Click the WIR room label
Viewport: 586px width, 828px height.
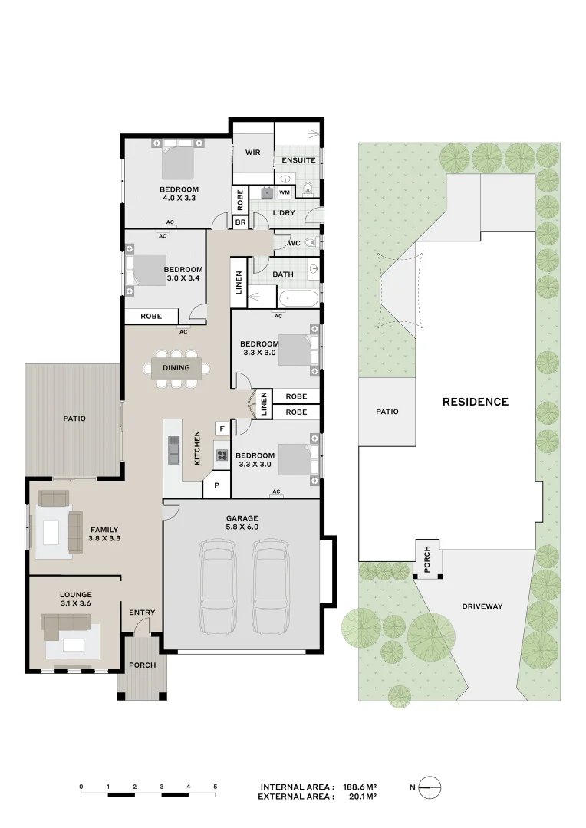coord(253,153)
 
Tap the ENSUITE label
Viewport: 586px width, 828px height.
coord(298,160)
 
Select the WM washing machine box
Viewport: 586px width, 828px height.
coord(285,192)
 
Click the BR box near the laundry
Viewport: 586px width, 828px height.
coord(240,222)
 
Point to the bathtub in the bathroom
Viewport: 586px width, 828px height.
coord(298,299)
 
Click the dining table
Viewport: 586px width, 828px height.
coord(176,368)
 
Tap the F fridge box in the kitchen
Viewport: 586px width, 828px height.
coord(222,428)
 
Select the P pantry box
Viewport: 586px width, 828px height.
coord(217,485)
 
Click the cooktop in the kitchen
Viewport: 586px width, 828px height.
coord(222,456)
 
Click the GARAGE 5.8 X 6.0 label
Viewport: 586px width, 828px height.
coord(242,523)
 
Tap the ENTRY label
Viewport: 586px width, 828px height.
coord(142,613)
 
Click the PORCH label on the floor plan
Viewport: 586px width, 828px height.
coord(143,665)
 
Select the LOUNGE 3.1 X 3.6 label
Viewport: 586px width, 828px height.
coord(76,600)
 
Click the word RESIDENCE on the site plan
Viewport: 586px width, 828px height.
coord(475,402)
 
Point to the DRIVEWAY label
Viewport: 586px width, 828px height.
coord(482,606)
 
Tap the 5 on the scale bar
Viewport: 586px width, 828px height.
coord(216,786)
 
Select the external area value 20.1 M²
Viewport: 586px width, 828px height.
coord(360,797)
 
